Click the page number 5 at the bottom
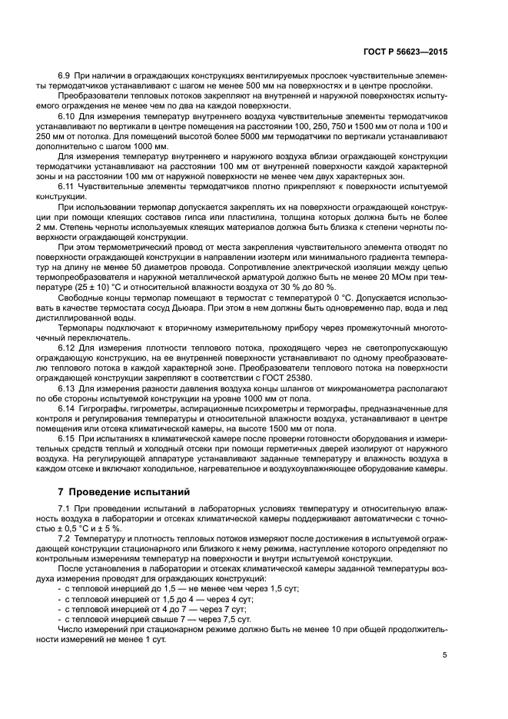point(445,655)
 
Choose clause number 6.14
point(67,428)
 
